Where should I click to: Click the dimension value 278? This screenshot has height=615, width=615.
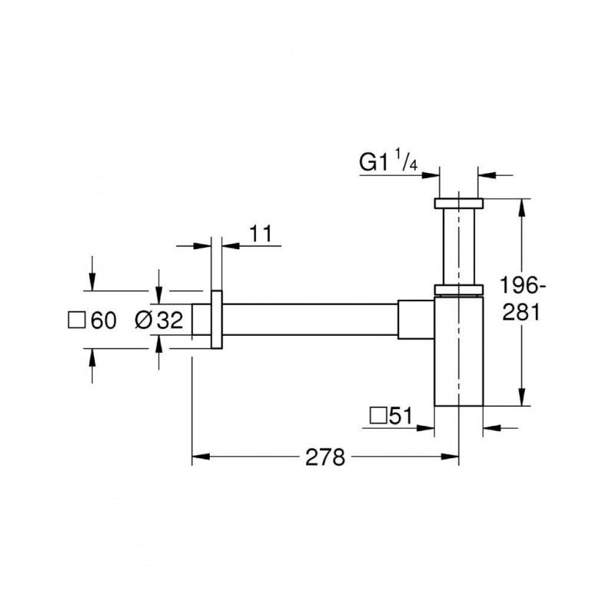tap(325, 457)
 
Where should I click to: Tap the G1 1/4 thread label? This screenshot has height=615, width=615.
tap(388, 162)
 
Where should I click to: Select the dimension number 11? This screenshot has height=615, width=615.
tap(261, 234)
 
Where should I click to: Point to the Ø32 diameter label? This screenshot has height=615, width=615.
tap(159, 320)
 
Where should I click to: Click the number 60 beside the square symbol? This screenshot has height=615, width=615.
tap(104, 321)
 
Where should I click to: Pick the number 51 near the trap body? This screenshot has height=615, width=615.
tap(401, 416)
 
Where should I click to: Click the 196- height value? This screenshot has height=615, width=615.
tap(523, 285)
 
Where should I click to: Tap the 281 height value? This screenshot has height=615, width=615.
tap(521, 313)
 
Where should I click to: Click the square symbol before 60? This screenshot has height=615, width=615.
tap(76, 321)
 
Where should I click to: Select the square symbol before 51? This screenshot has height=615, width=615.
tap(378, 416)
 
